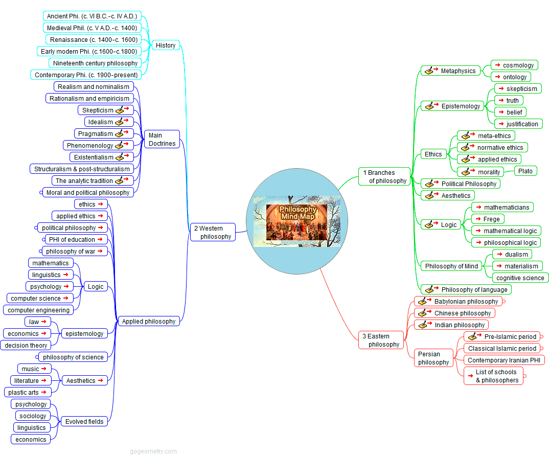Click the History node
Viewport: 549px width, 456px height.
coord(166,45)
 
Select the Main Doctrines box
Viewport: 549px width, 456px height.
coord(162,140)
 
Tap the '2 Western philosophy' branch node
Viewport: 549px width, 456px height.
coord(213,232)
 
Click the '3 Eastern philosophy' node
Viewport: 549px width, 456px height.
coord(381,340)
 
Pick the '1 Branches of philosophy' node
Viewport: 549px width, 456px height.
coord(384,176)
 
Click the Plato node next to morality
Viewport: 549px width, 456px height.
coord(525,171)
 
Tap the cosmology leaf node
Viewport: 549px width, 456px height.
coord(514,65)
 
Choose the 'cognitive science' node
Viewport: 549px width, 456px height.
coord(520,278)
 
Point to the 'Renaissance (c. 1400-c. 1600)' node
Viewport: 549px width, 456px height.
coord(94,40)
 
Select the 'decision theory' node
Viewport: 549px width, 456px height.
coord(26,346)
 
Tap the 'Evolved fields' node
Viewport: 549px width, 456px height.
coord(84,422)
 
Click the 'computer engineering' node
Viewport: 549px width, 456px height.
coord(38,310)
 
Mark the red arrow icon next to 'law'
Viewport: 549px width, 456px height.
coord(43,322)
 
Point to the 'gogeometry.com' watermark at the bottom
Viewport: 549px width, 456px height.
coord(153,451)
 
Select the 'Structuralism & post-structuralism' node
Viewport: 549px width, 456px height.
coord(82,169)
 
